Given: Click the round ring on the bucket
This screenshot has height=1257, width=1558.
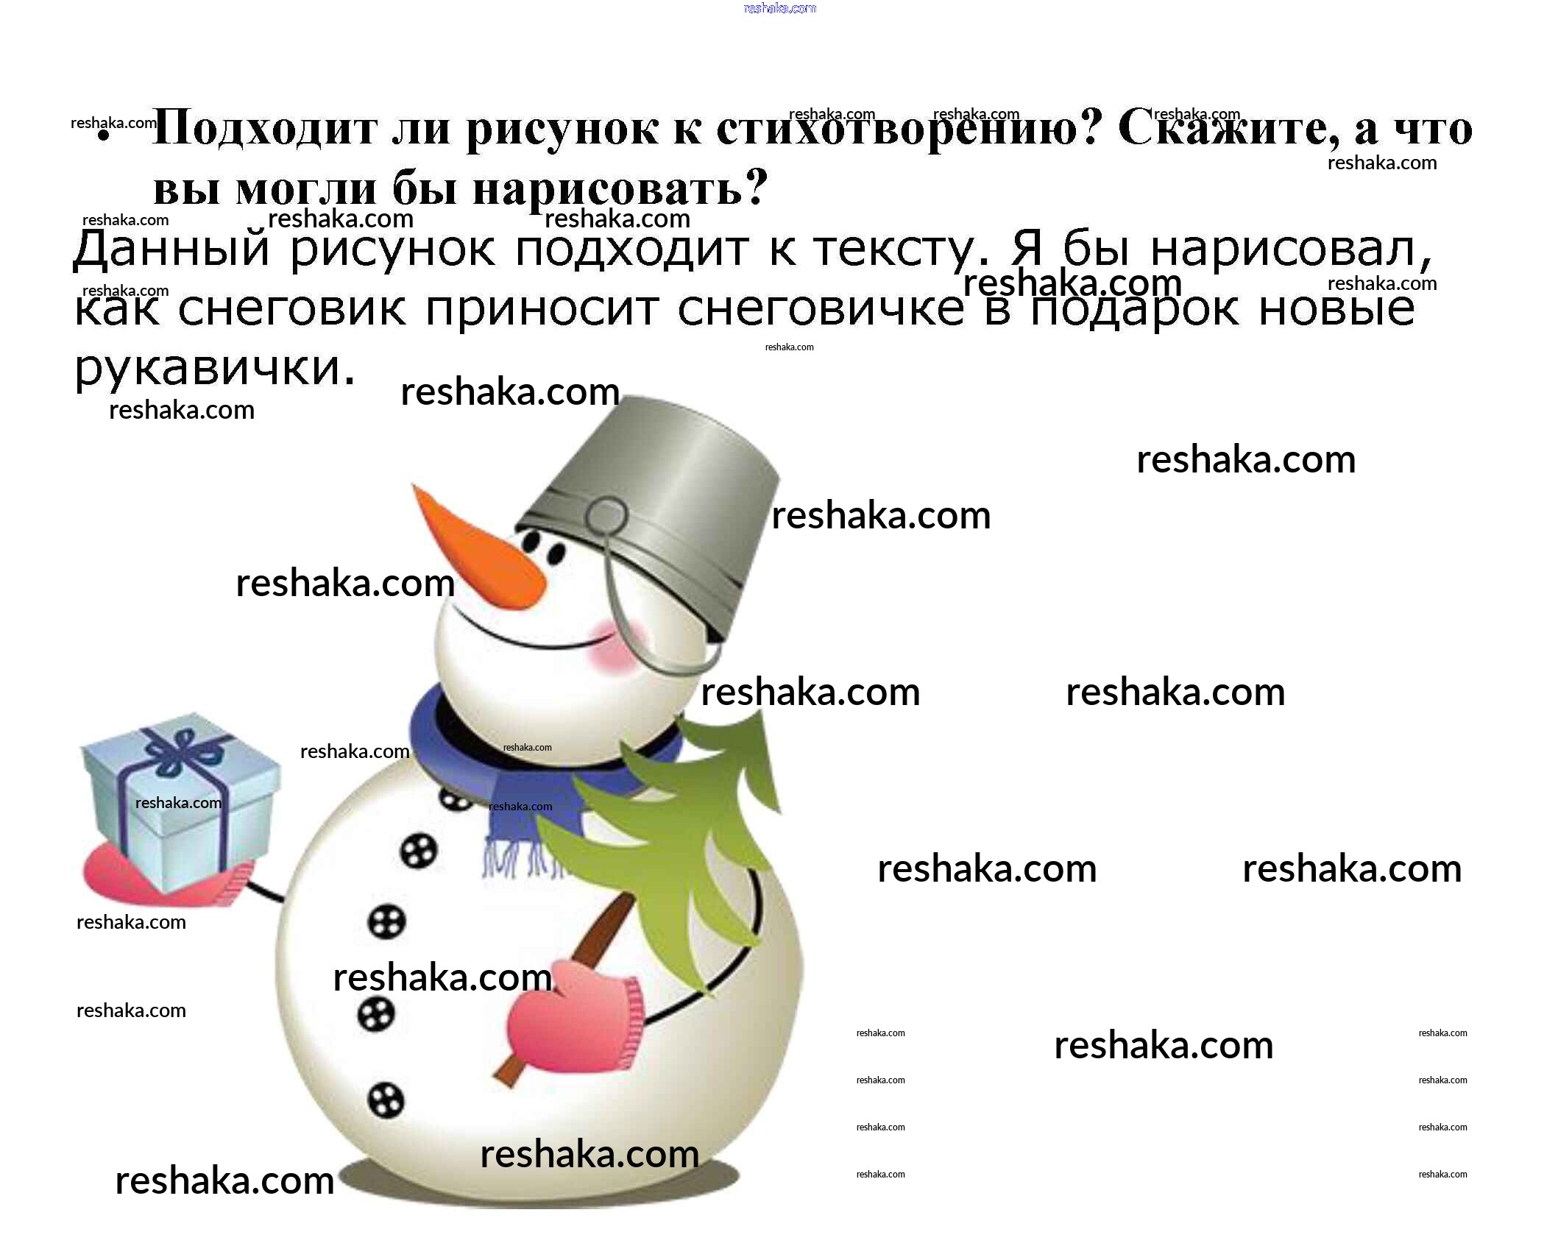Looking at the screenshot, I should [606, 516].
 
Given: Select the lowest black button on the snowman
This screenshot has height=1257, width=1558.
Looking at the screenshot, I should [386, 1101].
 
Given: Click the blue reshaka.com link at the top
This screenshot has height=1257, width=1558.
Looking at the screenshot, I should [779, 8].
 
